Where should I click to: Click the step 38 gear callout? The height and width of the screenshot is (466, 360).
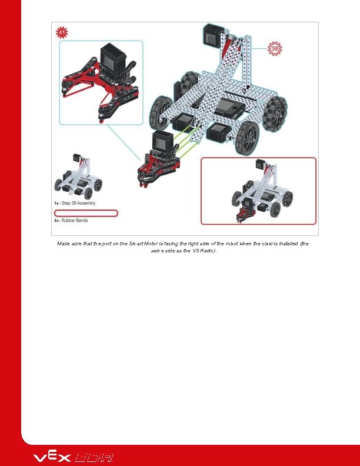(x=274, y=48)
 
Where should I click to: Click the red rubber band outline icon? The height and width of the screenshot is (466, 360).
(x=86, y=213)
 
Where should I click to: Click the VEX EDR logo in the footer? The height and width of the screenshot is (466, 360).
(x=73, y=457)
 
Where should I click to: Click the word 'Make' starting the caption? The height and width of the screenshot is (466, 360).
(x=63, y=243)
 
